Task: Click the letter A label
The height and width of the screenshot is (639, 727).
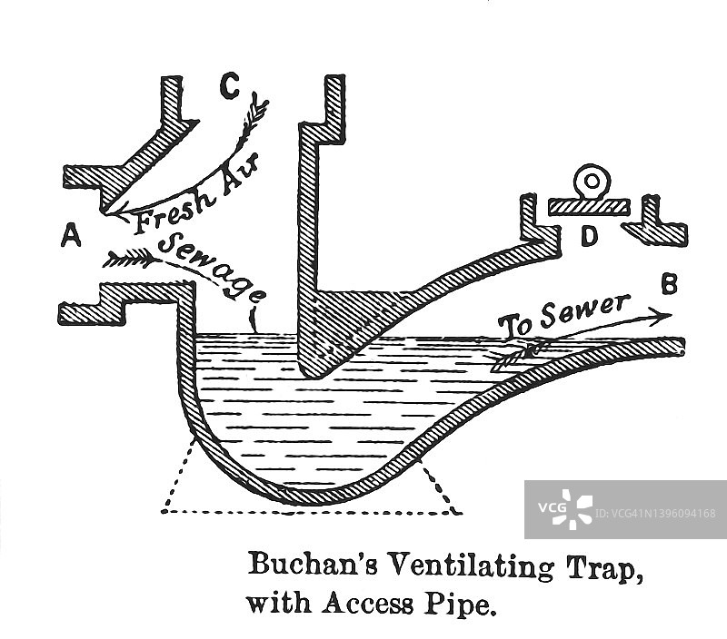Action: point(72,237)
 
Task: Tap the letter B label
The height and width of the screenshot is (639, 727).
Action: point(669,284)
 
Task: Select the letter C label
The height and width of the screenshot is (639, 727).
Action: point(230,88)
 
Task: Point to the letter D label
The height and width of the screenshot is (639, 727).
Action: point(590,236)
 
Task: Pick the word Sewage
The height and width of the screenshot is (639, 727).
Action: point(212,265)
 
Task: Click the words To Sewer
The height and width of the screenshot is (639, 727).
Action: point(563,313)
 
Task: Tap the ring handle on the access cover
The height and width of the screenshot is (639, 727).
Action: point(592,182)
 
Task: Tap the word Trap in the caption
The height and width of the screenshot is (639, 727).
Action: point(604,570)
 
